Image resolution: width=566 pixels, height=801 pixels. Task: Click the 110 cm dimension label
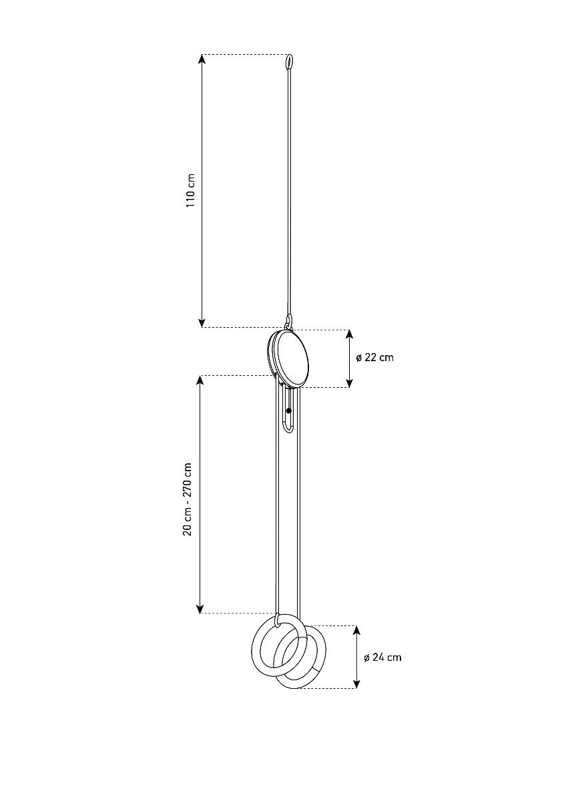coord(191,190)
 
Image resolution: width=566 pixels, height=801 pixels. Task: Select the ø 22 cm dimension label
coord(374,358)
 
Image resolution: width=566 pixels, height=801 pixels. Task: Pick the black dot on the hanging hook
coord(289,411)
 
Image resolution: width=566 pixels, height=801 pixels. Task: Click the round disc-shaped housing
coord(288,359)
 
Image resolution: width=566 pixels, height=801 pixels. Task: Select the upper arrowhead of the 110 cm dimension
coord(202,59)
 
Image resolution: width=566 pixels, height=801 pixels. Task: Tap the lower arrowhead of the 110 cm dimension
coord(202,323)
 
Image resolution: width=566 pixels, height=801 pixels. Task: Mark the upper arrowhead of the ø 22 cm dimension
coord(349,334)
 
